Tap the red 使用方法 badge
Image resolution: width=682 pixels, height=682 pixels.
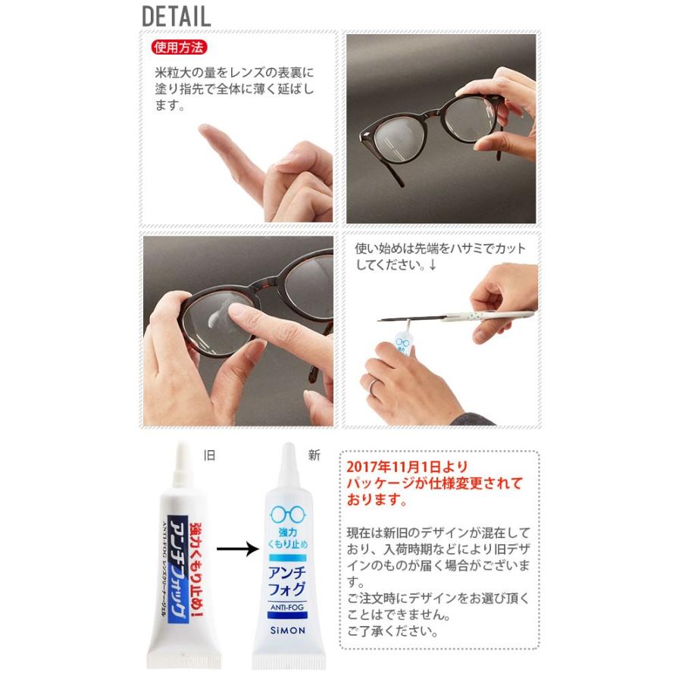click(179, 47)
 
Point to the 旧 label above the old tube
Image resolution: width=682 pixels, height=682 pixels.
click(210, 455)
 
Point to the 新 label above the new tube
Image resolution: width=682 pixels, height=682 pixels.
click(314, 455)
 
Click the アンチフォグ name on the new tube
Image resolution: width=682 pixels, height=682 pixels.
click(287, 578)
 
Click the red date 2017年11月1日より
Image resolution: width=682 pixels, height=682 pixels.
click(407, 467)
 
